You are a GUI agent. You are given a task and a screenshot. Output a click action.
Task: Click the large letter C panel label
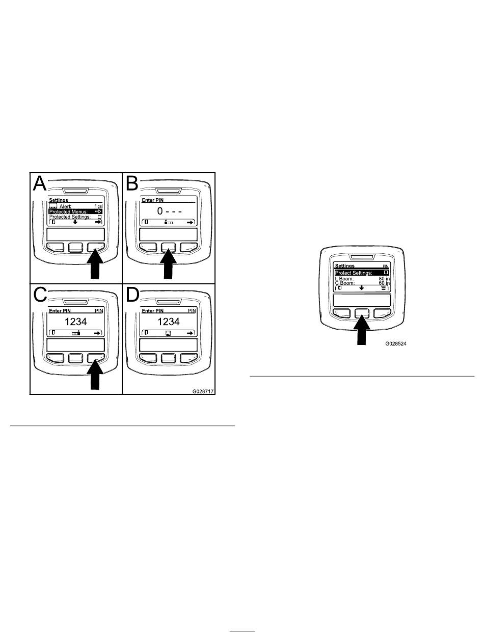tap(40, 295)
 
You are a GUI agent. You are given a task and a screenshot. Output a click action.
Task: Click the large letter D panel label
tap(132, 295)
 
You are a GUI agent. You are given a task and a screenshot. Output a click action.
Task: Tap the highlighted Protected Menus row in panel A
tap(75, 211)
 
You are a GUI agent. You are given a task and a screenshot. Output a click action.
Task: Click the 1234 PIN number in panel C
tap(75, 322)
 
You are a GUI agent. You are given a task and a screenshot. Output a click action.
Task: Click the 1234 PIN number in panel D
tap(168, 322)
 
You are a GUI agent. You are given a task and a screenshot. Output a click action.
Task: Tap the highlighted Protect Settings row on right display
tap(362, 273)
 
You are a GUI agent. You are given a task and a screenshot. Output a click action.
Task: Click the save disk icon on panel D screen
tap(168, 333)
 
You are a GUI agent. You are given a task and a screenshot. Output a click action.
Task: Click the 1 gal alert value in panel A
tap(98, 206)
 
